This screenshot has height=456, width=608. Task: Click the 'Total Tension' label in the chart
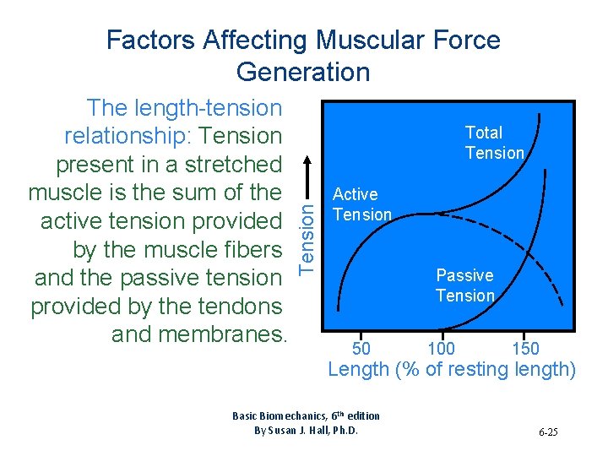point(495,143)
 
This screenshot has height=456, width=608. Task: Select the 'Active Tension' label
point(362,204)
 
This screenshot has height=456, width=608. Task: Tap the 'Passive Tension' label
point(465,285)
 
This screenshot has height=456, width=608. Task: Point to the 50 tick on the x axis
point(361,349)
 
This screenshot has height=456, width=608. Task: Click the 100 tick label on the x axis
point(441,349)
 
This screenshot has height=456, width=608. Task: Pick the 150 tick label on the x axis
point(525,349)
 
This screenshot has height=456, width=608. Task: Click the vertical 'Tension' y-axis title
point(310,232)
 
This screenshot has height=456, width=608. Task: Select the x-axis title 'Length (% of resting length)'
point(451,369)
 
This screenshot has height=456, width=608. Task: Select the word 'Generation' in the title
point(303,72)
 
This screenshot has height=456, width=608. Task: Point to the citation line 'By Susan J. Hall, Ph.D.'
point(306,430)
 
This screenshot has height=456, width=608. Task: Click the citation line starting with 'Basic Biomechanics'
point(306,415)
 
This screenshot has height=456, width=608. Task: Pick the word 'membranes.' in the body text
point(220,334)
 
